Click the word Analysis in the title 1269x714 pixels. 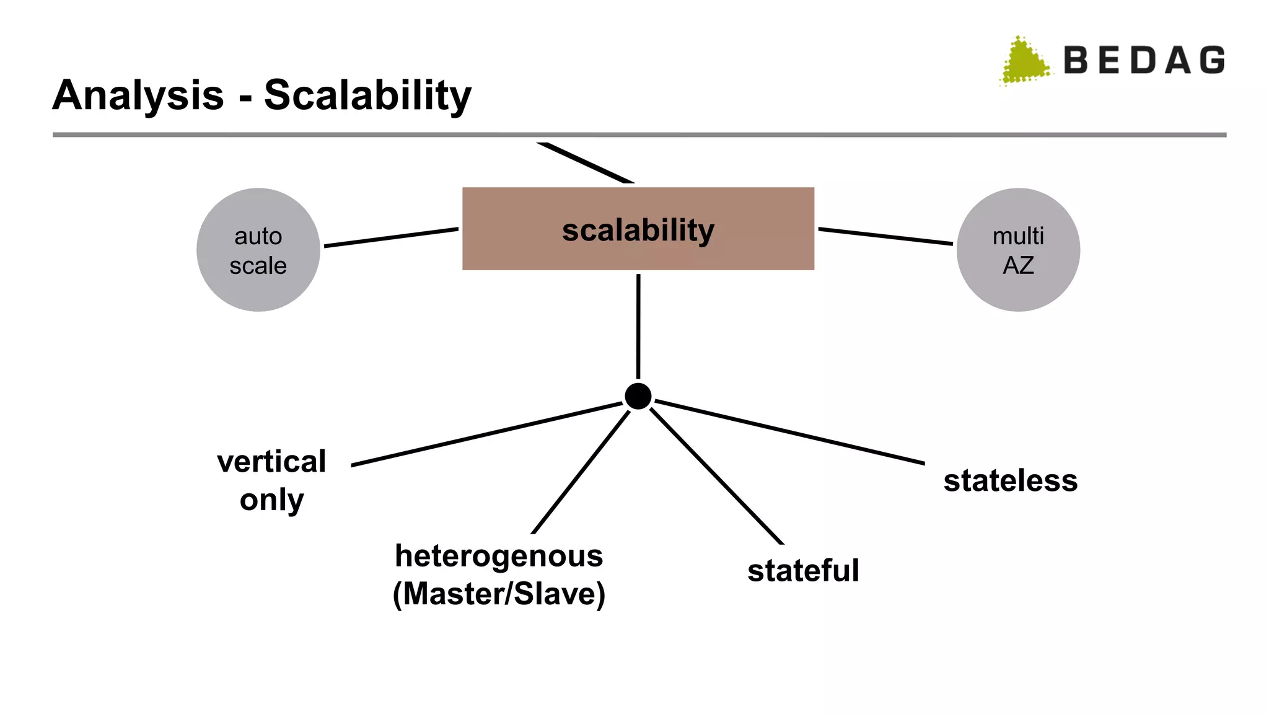pyautogui.click(x=138, y=96)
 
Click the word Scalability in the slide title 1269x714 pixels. pyautogui.click(x=367, y=96)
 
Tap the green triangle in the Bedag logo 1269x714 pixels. pyautogui.click(x=1024, y=62)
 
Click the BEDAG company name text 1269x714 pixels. pyautogui.click(x=1144, y=61)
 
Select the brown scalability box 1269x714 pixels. pyautogui.click(x=638, y=229)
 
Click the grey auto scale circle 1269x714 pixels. pyautogui.click(x=258, y=250)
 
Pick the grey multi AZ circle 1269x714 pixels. pyautogui.click(x=1017, y=250)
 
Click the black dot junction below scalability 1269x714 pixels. pyautogui.click(x=638, y=396)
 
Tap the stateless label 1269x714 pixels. pyautogui.click(x=1010, y=481)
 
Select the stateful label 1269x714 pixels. pyautogui.click(x=803, y=571)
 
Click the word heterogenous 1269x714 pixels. pyautogui.click(x=499, y=556)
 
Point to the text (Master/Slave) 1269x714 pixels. pyautogui.click(x=499, y=594)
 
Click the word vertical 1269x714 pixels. pyautogui.click(x=271, y=462)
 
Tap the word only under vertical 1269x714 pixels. pyautogui.click(x=271, y=500)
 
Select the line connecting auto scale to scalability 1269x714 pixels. pyautogui.click(x=391, y=237)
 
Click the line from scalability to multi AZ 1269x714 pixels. pyautogui.click(x=885, y=236)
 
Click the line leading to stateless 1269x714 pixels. pyautogui.click(x=790, y=432)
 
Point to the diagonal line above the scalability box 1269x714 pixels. pyautogui.click(x=586, y=162)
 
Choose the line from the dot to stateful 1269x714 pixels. pyautogui.click(x=717, y=476)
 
